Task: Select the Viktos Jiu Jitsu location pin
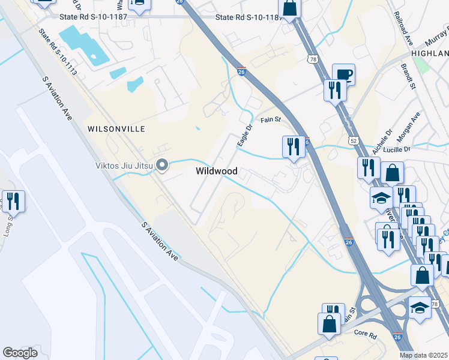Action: pyautogui.click(x=161, y=165)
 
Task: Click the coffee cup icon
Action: pyautogui.click(x=343, y=74)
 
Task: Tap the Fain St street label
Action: pyautogui.click(x=271, y=120)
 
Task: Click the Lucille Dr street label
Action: pyautogui.click(x=411, y=148)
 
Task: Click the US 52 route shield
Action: pyautogui.click(x=355, y=140)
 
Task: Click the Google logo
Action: pyautogui.click(x=20, y=353)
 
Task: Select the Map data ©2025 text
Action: pyautogui.click(x=424, y=355)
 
